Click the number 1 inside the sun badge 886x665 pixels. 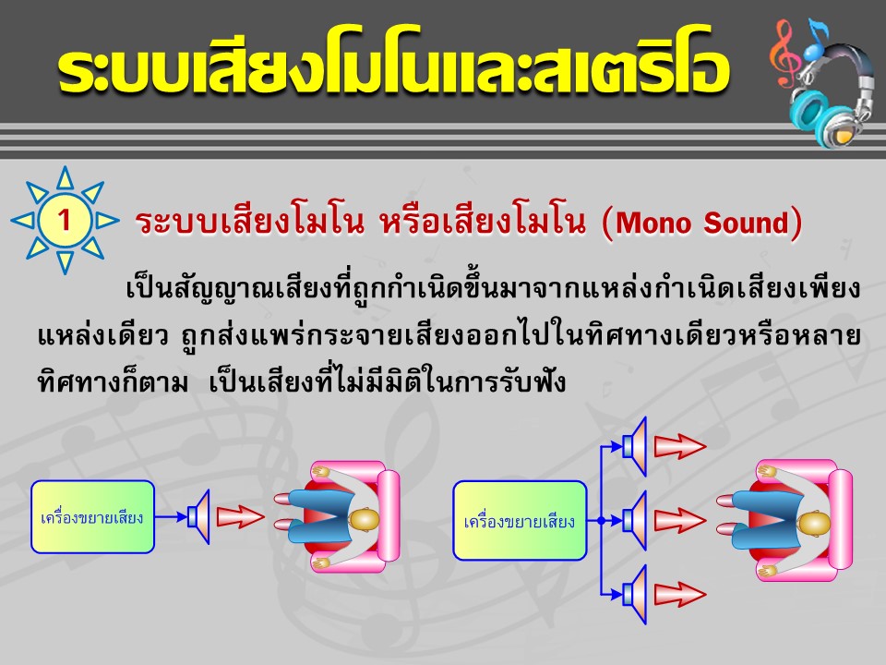[65, 220]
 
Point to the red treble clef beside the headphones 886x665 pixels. [784, 54]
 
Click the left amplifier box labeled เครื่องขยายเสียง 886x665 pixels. [92, 517]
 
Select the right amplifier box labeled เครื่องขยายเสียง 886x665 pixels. [520, 521]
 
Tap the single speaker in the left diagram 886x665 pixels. [199, 516]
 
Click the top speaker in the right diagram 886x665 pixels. [635, 446]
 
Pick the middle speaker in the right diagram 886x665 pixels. [635, 521]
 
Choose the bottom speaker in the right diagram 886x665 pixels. [635, 594]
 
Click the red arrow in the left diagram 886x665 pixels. [240, 516]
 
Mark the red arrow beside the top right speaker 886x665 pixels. [680, 447]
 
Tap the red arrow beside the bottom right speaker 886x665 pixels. [680, 594]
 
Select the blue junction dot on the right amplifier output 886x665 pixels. [601, 521]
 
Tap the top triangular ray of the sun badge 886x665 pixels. [66, 177]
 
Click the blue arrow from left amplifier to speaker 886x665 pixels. [172, 516]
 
